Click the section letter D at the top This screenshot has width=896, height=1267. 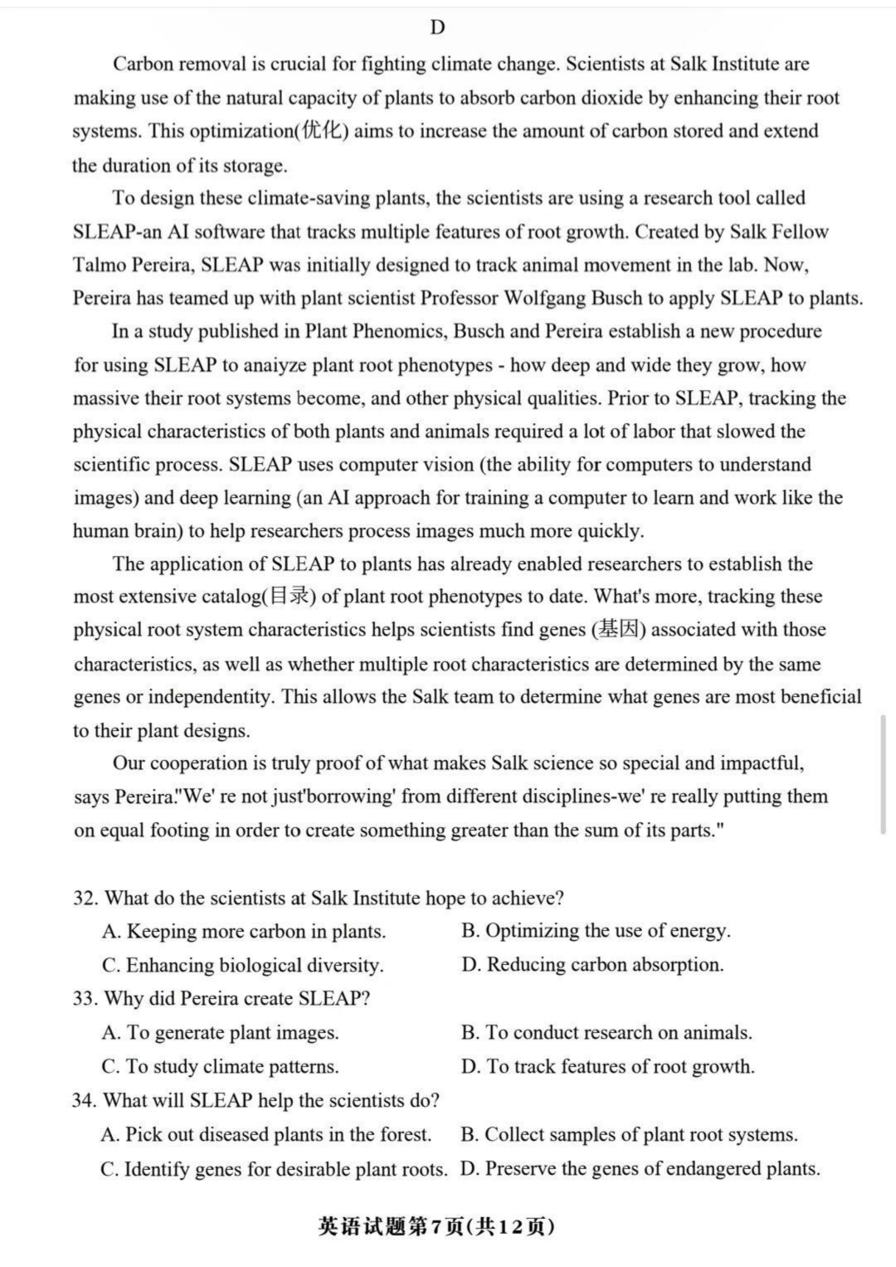pyautogui.click(x=437, y=28)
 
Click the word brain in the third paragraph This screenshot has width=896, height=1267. pyautogui.click(x=154, y=532)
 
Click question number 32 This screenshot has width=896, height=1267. pyautogui.click(x=85, y=899)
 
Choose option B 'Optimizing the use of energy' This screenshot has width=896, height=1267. pyautogui.click(x=596, y=931)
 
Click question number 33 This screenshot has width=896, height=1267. pyautogui.click(x=85, y=998)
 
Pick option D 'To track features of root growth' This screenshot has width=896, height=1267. pyautogui.click(x=608, y=1066)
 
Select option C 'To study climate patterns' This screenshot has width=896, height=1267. pyautogui.click(x=221, y=1066)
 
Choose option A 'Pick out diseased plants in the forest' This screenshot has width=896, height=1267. pyautogui.click(x=266, y=1134)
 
